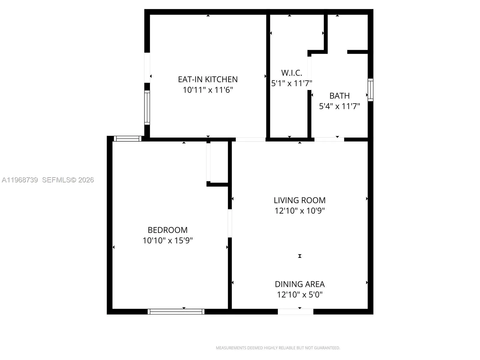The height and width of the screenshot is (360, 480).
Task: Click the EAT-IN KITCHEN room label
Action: point(208,79)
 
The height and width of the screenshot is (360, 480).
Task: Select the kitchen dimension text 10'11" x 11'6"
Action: point(208,90)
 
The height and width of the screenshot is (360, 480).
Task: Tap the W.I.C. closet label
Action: point(291,73)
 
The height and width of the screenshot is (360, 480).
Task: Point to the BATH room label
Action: point(339,96)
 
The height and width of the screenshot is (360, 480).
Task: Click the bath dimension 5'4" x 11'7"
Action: point(339,106)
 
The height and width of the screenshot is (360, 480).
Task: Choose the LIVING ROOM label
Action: point(299,200)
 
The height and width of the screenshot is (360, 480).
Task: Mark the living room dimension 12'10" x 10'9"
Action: point(299,211)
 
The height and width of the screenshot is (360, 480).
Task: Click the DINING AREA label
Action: point(299,284)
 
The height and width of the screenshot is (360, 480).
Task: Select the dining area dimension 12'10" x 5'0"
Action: point(299,295)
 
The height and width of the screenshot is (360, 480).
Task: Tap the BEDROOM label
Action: point(167,230)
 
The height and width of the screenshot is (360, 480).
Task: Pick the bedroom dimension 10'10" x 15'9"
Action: point(167,241)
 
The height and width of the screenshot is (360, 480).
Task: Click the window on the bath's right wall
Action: point(370,90)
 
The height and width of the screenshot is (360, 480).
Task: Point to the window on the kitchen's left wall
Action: point(147,108)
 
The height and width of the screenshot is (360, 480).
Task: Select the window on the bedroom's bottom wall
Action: point(176,312)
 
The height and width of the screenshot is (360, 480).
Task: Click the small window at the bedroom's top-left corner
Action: point(128,139)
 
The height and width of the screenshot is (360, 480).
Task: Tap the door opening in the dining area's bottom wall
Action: point(295,312)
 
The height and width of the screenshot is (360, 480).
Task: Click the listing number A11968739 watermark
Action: point(20,180)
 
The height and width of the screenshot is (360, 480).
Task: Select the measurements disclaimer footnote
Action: point(278,348)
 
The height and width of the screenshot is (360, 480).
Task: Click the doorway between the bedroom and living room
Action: point(230,223)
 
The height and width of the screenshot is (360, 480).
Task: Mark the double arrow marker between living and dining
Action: point(299,256)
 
